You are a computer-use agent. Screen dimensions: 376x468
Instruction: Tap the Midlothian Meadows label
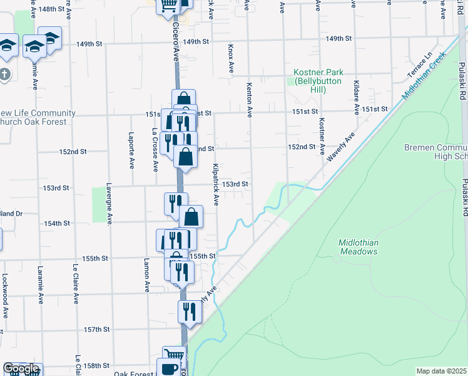[x=359, y=247]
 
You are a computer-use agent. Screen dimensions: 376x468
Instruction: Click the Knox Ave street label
[x=231, y=57]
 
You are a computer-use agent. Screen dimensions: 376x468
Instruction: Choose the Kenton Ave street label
[x=249, y=100]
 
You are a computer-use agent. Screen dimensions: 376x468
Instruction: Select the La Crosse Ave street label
[x=155, y=150]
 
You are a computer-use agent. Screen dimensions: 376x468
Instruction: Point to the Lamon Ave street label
[x=147, y=275]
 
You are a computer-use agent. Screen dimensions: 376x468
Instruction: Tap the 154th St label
[x=56, y=223]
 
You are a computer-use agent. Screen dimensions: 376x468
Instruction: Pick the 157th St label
[x=98, y=329]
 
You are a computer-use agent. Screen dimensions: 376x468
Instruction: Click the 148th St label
[x=51, y=9]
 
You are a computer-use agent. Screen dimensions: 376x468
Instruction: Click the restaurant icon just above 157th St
[x=188, y=310]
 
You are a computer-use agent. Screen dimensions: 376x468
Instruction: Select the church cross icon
[x=5, y=74]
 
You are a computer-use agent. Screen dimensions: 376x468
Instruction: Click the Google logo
[x=21, y=368]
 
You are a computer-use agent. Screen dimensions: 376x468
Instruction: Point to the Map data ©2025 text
[x=441, y=371]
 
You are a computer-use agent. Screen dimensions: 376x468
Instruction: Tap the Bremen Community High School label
[x=435, y=151]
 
